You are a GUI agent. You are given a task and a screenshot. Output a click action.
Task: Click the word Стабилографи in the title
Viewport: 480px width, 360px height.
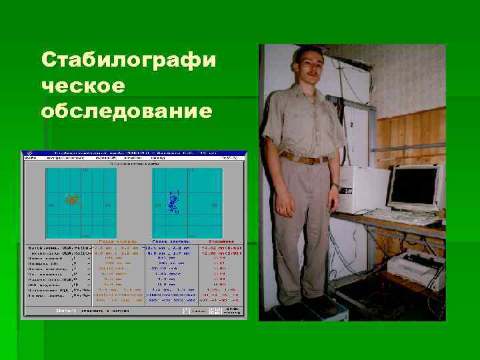(x=128, y=61)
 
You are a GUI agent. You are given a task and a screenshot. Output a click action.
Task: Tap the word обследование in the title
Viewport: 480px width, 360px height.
(x=127, y=109)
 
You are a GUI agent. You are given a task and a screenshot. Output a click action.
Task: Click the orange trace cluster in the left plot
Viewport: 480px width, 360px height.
(x=71, y=198)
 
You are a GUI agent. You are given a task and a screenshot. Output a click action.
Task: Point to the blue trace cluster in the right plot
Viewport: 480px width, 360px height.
(x=174, y=201)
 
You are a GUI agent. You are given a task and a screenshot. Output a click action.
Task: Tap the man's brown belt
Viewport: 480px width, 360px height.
(x=306, y=158)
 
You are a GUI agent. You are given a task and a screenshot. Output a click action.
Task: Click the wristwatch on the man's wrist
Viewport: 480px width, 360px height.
(x=335, y=186)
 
